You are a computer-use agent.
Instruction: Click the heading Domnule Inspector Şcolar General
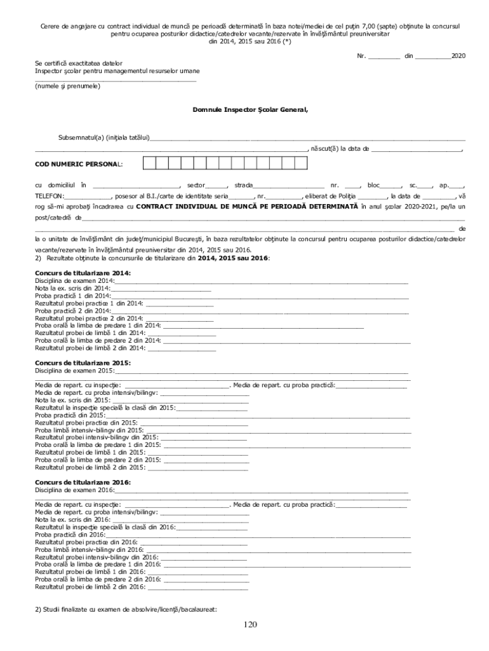click(250, 109)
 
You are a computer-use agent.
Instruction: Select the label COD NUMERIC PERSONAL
click(79, 163)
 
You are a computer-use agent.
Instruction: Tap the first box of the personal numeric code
click(149, 163)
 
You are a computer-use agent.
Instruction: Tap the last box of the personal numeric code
click(301, 163)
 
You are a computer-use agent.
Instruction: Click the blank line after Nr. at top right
click(384, 57)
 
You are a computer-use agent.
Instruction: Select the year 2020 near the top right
click(458, 56)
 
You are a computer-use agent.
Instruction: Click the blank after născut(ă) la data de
click(417, 149)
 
